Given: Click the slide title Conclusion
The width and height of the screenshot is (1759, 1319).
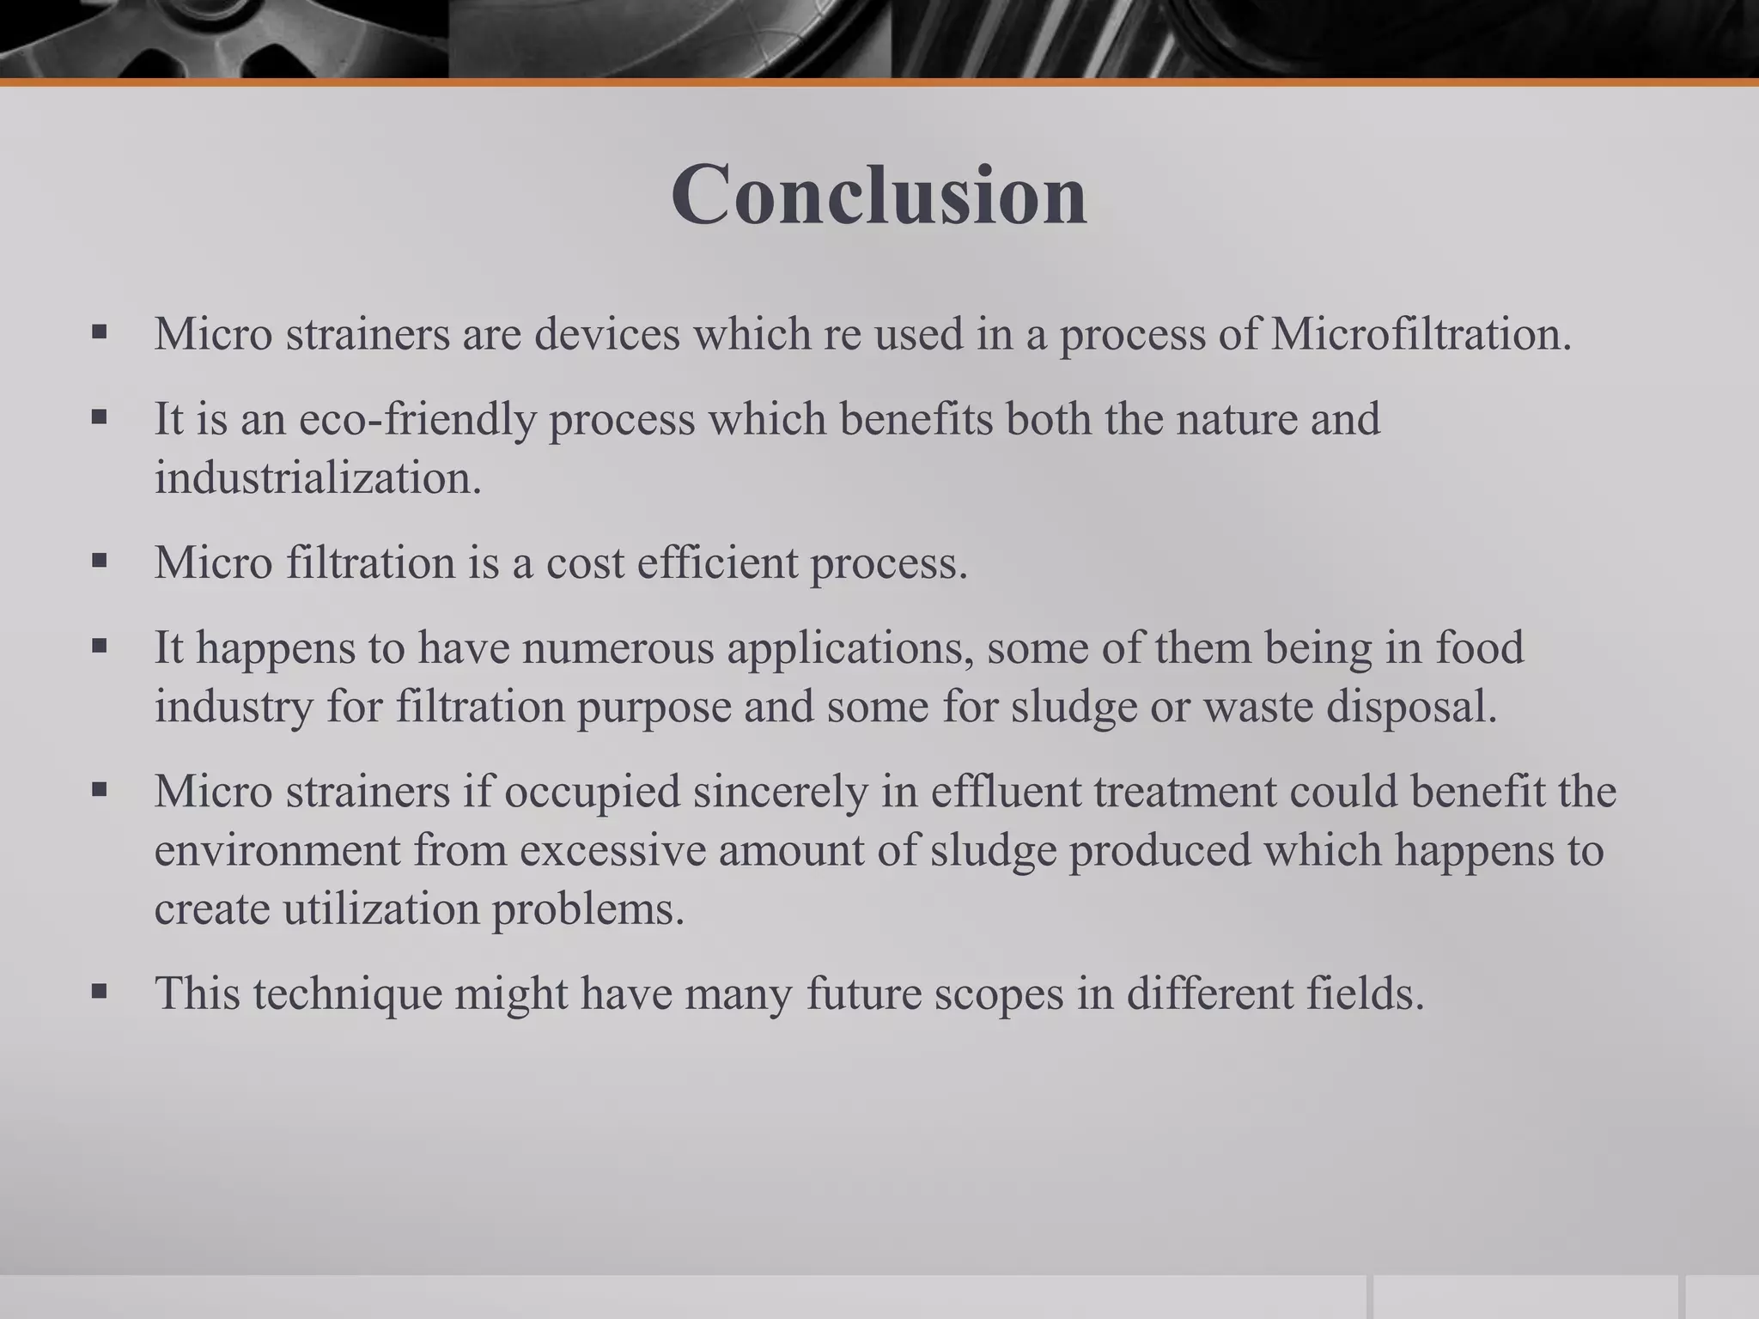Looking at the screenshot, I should click(x=879, y=195).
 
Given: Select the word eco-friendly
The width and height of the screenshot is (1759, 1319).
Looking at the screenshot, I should click(x=417, y=420).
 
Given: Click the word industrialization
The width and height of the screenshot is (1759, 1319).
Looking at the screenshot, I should click(x=317, y=478).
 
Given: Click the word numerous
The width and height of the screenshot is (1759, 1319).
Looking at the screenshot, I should click(x=618, y=647).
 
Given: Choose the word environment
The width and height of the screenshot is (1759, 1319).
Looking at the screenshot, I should click(x=277, y=850).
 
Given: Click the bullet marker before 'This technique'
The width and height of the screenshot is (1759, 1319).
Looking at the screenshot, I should click(x=100, y=992).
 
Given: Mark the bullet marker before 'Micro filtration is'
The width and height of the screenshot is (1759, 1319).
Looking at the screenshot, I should click(x=100, y=562).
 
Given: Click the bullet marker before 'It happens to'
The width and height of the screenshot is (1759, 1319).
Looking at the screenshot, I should click(x=100, y=646).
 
